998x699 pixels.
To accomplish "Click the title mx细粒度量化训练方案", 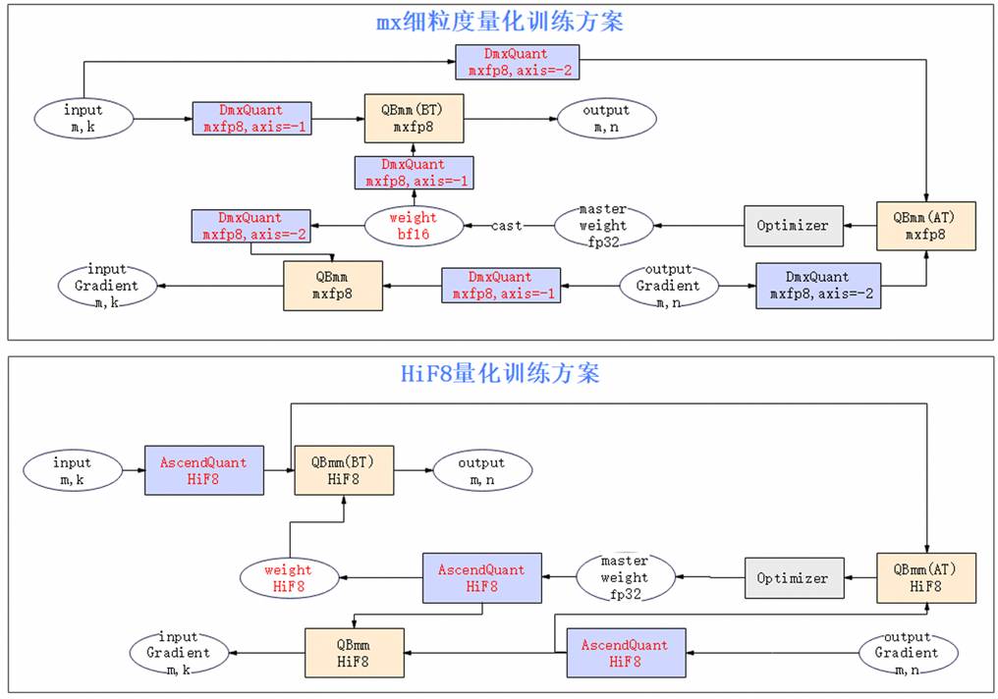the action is point(500,23).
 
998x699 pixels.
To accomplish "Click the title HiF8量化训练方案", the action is point(500,373).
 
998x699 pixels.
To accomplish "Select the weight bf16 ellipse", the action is point(414,226).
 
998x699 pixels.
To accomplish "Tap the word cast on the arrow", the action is point(507,225).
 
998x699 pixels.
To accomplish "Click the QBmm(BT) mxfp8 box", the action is point(414,119).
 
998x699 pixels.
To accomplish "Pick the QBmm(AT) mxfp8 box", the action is point(926,226).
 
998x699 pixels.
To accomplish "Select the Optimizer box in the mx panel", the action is point(794,226).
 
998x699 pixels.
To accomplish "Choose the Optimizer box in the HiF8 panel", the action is point(795,578).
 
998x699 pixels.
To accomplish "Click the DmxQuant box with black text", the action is point(818,286).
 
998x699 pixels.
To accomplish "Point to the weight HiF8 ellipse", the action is point(290,578).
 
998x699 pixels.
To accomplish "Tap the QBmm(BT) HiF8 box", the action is point(344,470).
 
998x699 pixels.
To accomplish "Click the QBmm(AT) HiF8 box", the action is point(926,578).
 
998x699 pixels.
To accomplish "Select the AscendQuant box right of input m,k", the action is point(204,470).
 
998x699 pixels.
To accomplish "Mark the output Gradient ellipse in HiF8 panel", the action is point(909,653).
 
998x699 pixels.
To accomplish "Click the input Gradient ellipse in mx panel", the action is point(108,286).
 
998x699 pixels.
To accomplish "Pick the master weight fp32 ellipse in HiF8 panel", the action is point(626,577).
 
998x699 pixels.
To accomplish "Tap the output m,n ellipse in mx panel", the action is point(607,119).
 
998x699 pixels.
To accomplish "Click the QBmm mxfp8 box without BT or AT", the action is point(333,286).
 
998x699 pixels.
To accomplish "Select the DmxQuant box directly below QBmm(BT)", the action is point(414,173).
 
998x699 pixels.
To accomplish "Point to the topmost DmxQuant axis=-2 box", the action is point(518,62).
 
